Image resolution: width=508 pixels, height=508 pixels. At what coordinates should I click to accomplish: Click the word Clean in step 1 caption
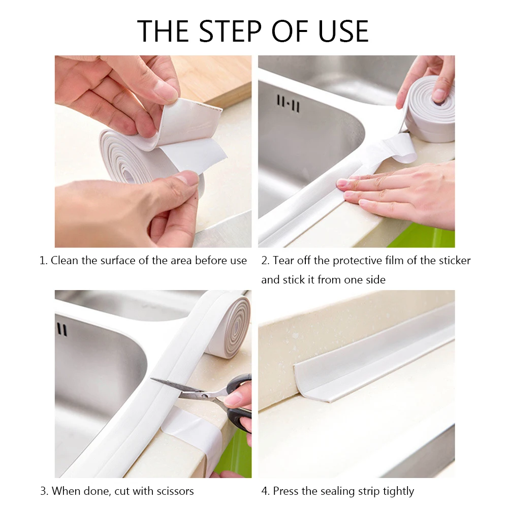coord(65,261)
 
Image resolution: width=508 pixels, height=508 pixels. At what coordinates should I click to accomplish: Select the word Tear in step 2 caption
coord(282,261)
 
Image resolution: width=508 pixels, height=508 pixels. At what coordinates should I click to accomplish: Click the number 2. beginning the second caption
coord(265,261)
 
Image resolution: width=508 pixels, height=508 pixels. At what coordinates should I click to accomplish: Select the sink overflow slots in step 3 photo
coord(61,329)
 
